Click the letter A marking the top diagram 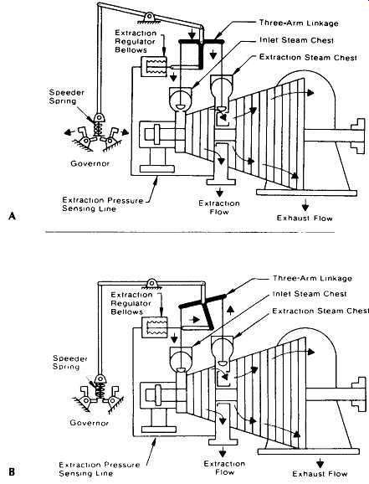coord(12,215)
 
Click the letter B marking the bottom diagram coord(12,471)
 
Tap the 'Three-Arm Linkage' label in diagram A coord(299,23)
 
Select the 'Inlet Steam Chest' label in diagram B coord(310,294)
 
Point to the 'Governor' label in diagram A coord(90,163)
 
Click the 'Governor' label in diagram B coord(90,423)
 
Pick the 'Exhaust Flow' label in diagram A coord(305,219)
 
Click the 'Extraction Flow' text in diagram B coord(224,467)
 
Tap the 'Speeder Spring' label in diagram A coord(67,96)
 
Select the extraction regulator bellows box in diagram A coord(154,66)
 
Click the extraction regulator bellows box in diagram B coord(154,327)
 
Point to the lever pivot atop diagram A coord(149,17)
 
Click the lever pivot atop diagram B coord(151,282)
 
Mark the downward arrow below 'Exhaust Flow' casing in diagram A coord(305,204)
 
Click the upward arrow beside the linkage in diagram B coord(231,310)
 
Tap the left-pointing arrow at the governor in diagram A coord(69,132)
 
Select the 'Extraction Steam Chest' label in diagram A coord(308,58)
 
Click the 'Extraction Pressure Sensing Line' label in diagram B coord(99,469)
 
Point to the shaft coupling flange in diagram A coord(359,136)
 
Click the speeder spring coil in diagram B coord(100,390)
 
